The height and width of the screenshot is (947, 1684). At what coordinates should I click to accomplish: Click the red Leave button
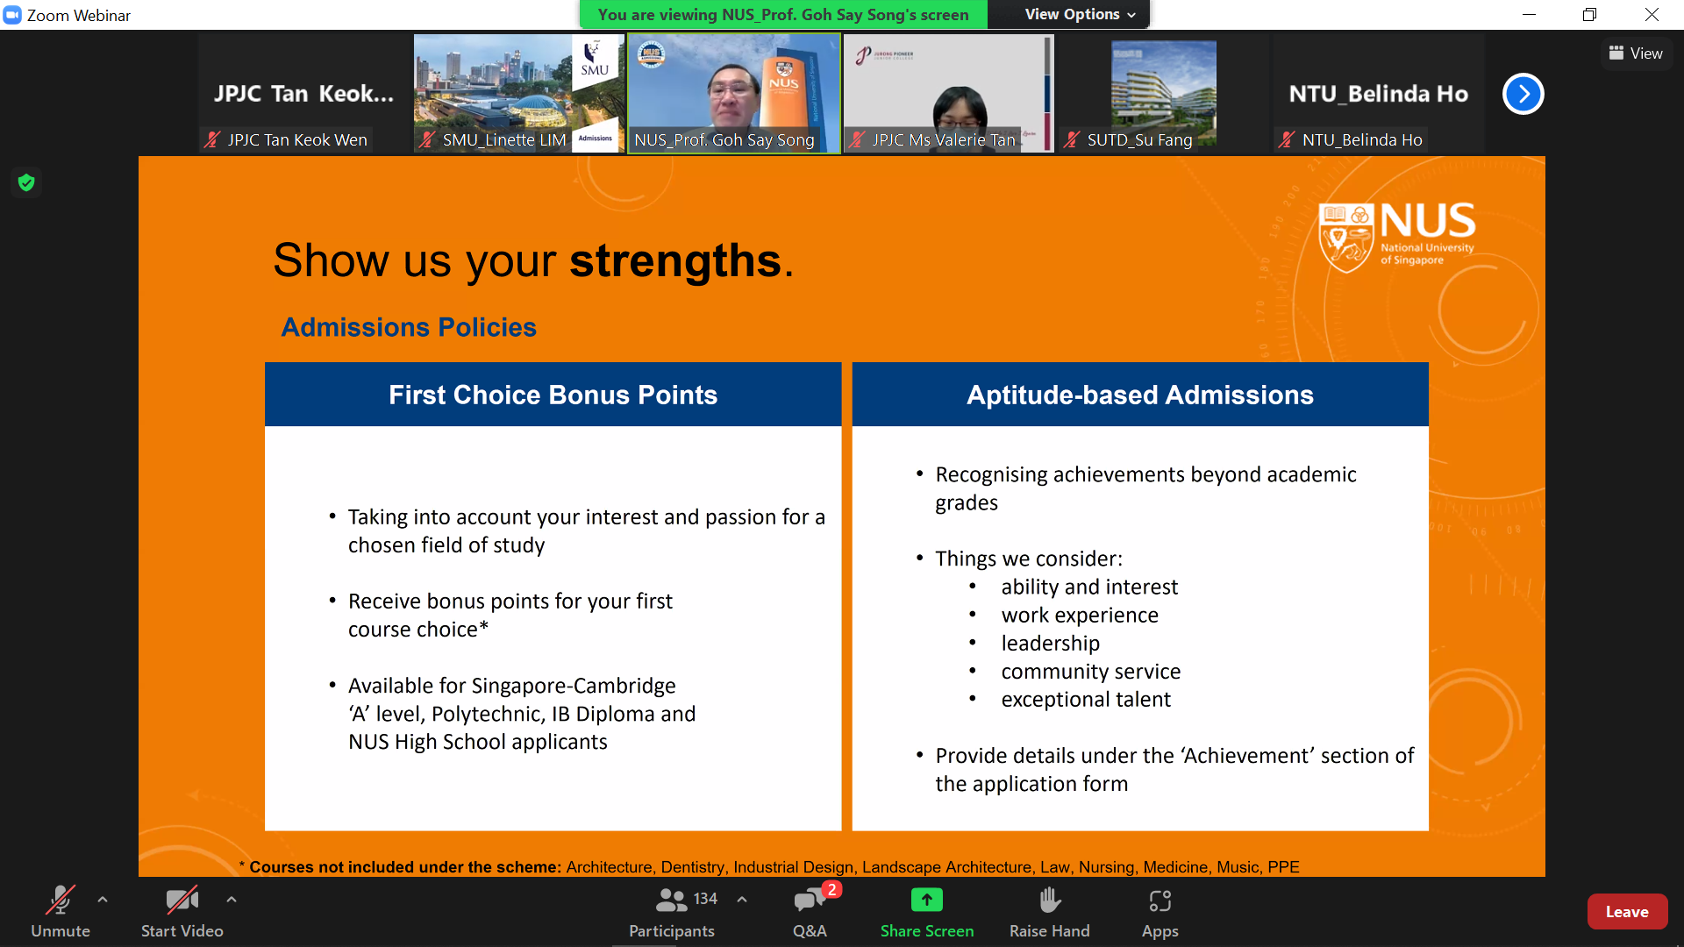click(x=1627, y=912)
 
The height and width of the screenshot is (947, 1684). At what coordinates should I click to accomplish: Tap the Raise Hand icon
click(x=1050, y=901)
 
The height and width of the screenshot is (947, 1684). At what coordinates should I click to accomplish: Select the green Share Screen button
click(x=927, y=900)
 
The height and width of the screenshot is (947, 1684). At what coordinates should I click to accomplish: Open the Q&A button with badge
click(x=810, y=901)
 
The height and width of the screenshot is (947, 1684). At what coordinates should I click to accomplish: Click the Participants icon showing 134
click(x=672, y=900)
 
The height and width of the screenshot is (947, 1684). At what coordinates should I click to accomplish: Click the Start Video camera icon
click(x=182, y=900)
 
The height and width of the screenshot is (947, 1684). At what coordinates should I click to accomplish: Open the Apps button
click(x=1160, y=901)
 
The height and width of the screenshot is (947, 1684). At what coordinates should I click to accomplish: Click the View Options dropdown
click(x=1080, y=14)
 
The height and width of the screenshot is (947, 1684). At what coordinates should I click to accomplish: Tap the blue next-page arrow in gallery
click(x=1523, y=94)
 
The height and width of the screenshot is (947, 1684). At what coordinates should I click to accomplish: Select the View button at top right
click(x=1636, y=53)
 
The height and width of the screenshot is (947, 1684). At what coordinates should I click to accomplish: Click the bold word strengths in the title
click(x=675, y=260)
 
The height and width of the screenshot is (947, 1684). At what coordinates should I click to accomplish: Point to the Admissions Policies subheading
click(x=409, y=327)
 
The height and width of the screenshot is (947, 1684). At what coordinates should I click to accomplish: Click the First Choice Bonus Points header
click(x=553, y=395)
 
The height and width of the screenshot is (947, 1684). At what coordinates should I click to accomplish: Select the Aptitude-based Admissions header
click(x=1140, y=395)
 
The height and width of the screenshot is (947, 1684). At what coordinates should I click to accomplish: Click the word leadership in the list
click(x=1051, y=643)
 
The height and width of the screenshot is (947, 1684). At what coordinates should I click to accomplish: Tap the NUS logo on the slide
click(x=1397, y=236)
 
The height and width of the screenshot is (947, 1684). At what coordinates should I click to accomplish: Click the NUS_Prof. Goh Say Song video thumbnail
click(x=734, y=93)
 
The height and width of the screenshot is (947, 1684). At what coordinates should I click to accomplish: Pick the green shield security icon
click(x=26, y=182)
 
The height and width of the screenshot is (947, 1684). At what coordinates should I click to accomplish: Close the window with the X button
click(x=1652, y=14)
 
